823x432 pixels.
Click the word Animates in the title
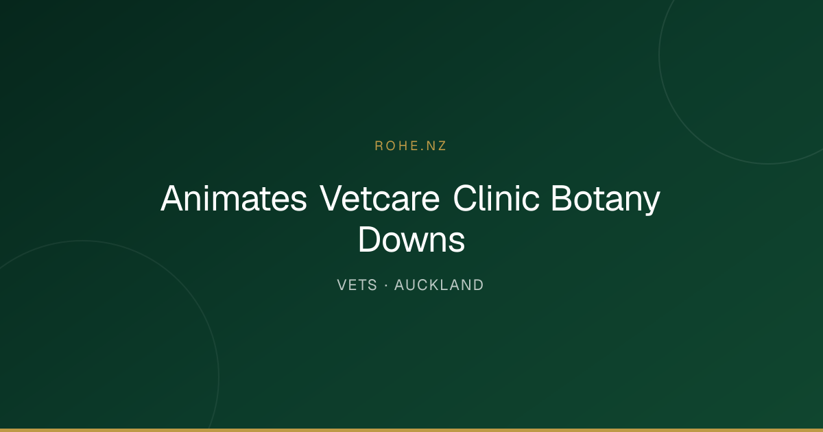[x=234, y=198]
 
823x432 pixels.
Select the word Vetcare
[x=379, y=198]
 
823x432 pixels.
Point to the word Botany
[x=606, y=200]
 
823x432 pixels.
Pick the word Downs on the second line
[x=411, y=239]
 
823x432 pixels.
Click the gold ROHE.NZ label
[x=411, y=146]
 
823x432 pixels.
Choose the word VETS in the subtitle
[x=357, y=285]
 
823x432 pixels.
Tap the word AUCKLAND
[x=439, y=285]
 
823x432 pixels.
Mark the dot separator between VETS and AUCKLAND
[x=385, y=285]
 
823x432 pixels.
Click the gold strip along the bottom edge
[x=411, y=430]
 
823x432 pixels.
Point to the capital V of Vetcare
[x=332, y=198]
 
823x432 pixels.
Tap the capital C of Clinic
[x=465, y=198]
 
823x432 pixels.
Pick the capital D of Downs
[x=370, y=239]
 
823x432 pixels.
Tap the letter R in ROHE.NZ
[x=379, y=146]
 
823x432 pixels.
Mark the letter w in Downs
[x=416, y=243]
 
